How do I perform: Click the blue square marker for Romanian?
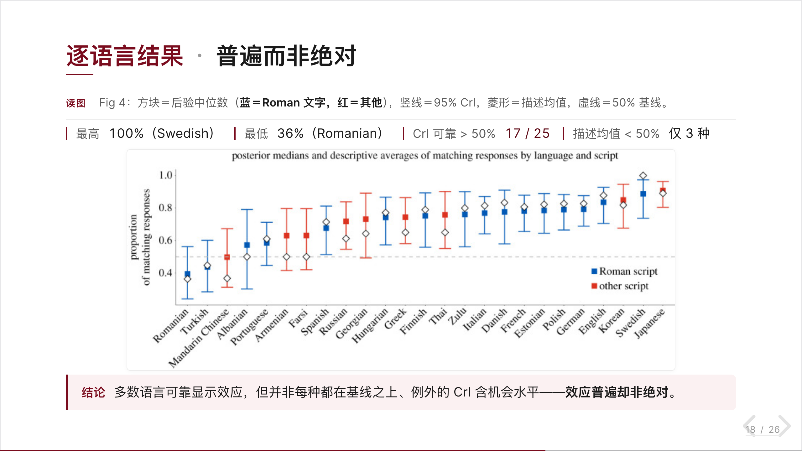click(x=187, y=274)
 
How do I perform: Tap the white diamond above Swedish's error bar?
click(x=643, y=176)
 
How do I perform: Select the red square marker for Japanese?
click(x=663, y=190)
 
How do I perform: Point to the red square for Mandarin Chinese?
click(x=227, y=257)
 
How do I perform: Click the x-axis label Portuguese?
click(x=249, y=327)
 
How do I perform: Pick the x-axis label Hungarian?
click(x=370, y=326)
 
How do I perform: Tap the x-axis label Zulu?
click(x=458, y=316)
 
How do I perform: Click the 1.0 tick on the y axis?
click(x=166, y=175)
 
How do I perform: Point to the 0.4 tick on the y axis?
click(x=166, y=273)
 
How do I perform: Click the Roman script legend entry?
click(x=624, y=271)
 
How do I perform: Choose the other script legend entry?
click(x=620, y=286)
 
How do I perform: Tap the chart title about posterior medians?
click(x=425, y=156)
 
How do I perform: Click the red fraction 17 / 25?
click(x=528, y=133)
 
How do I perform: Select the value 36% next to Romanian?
click(x=290, y=133)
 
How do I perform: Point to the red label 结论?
click(x=93, y=392)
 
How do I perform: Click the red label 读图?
click(x=76, y=103)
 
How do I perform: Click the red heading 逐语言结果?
click(x=125, y=56)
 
